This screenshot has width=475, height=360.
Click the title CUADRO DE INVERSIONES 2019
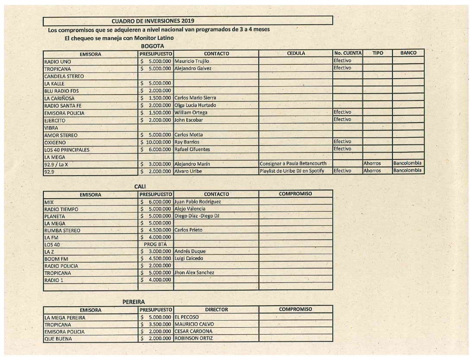153,21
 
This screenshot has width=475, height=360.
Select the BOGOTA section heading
152,46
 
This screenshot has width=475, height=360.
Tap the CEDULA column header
296,53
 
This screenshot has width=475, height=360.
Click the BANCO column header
408,53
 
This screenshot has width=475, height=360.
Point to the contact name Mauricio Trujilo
192,61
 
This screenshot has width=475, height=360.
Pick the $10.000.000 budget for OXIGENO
156,142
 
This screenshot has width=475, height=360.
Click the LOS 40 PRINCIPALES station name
67,150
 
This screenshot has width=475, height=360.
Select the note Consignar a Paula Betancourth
293,164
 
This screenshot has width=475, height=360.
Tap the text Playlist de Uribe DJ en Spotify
292,171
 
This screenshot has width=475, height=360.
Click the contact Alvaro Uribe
188,171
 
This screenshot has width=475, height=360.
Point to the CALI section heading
140,186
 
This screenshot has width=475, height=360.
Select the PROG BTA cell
155,244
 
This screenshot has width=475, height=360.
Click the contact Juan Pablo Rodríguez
198,202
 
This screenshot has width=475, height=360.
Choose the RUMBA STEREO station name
62,230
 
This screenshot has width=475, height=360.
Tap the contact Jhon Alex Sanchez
194,273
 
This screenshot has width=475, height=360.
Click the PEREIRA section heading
133,302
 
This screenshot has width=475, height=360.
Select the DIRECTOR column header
217,309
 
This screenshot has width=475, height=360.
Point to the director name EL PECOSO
187,317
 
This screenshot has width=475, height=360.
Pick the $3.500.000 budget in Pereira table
156,324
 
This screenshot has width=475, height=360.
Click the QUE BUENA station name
58,339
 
